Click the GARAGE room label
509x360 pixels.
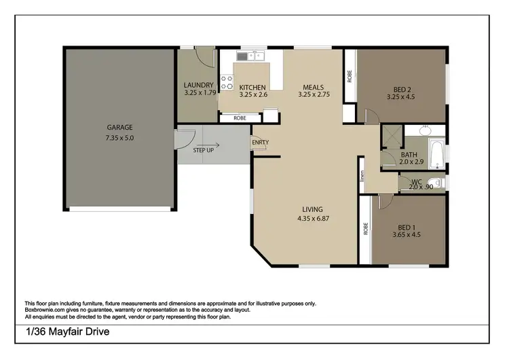pos(119,127)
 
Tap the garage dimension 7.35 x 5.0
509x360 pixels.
pos(119,138)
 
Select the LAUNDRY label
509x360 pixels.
pos(198,85)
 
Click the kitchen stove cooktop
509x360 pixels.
pos(227,82)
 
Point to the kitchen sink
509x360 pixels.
pos(255,56)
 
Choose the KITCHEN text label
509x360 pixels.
pos(252,87)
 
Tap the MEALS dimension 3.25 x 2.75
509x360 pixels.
pos(313,96)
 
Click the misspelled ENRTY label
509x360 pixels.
pos(260,142)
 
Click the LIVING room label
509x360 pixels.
pos(313,209)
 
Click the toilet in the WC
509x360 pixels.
pos(438,182)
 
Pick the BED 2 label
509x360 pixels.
pos(405,88)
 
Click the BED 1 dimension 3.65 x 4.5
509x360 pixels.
pos(406,235)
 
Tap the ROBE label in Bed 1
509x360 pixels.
pos(365,229)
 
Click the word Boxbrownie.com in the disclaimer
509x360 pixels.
pos(46,310)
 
